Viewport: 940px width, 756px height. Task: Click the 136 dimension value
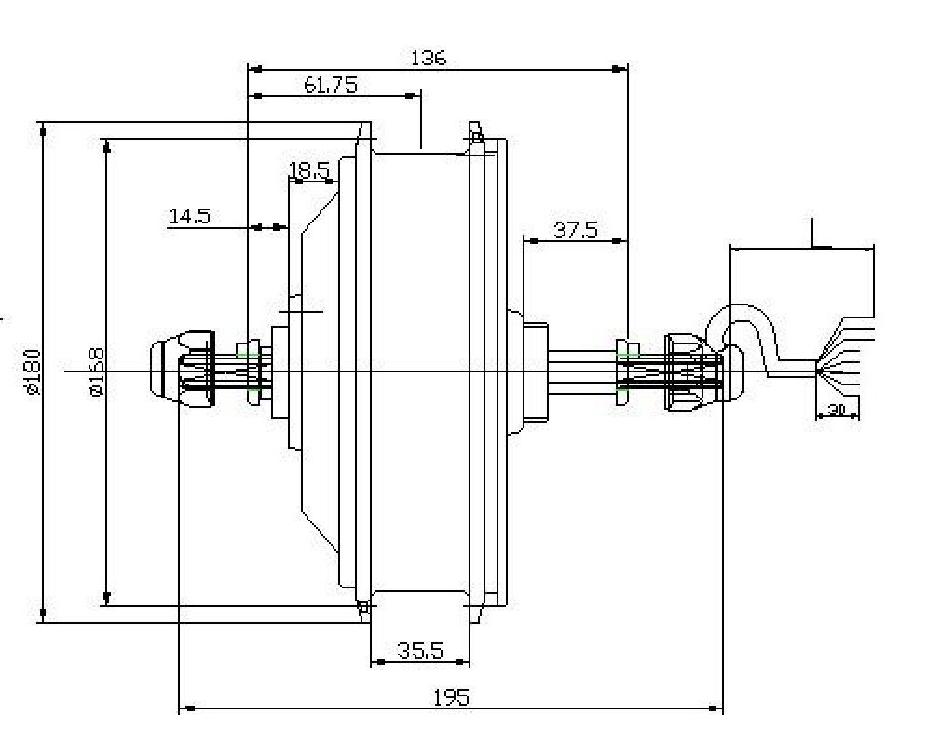click(x=428, y=58)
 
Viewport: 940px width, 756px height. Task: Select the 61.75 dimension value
click(x=330, y=86)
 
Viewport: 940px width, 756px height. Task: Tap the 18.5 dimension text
click(x=308, y=170)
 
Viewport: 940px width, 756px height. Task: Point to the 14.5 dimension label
click(x=189, y=216)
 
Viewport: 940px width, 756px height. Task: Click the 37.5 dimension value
click(x=575, y=229)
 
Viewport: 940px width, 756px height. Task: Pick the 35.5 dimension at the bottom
click(x=419, y=651)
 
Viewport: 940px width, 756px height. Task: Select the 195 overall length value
click(x=451, y=697)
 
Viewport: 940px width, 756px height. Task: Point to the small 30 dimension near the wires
click(x=837, y=409)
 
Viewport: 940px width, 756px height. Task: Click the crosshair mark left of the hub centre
click(x=300, y=309)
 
